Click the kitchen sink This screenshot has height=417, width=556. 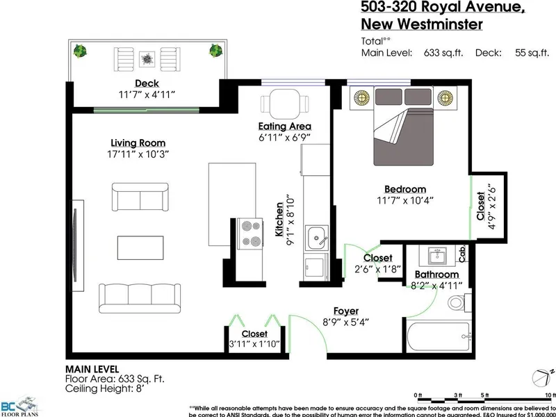click(x=316, y=238)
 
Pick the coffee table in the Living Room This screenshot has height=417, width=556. click(x=142, y=247)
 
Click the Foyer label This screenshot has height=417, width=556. click(x=346, y=311)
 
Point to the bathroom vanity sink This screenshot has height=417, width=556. click(x=436, y=256)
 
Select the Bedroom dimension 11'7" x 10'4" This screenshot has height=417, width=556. click(x=406, y=201)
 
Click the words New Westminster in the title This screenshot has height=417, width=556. click(x=421, y=24)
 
